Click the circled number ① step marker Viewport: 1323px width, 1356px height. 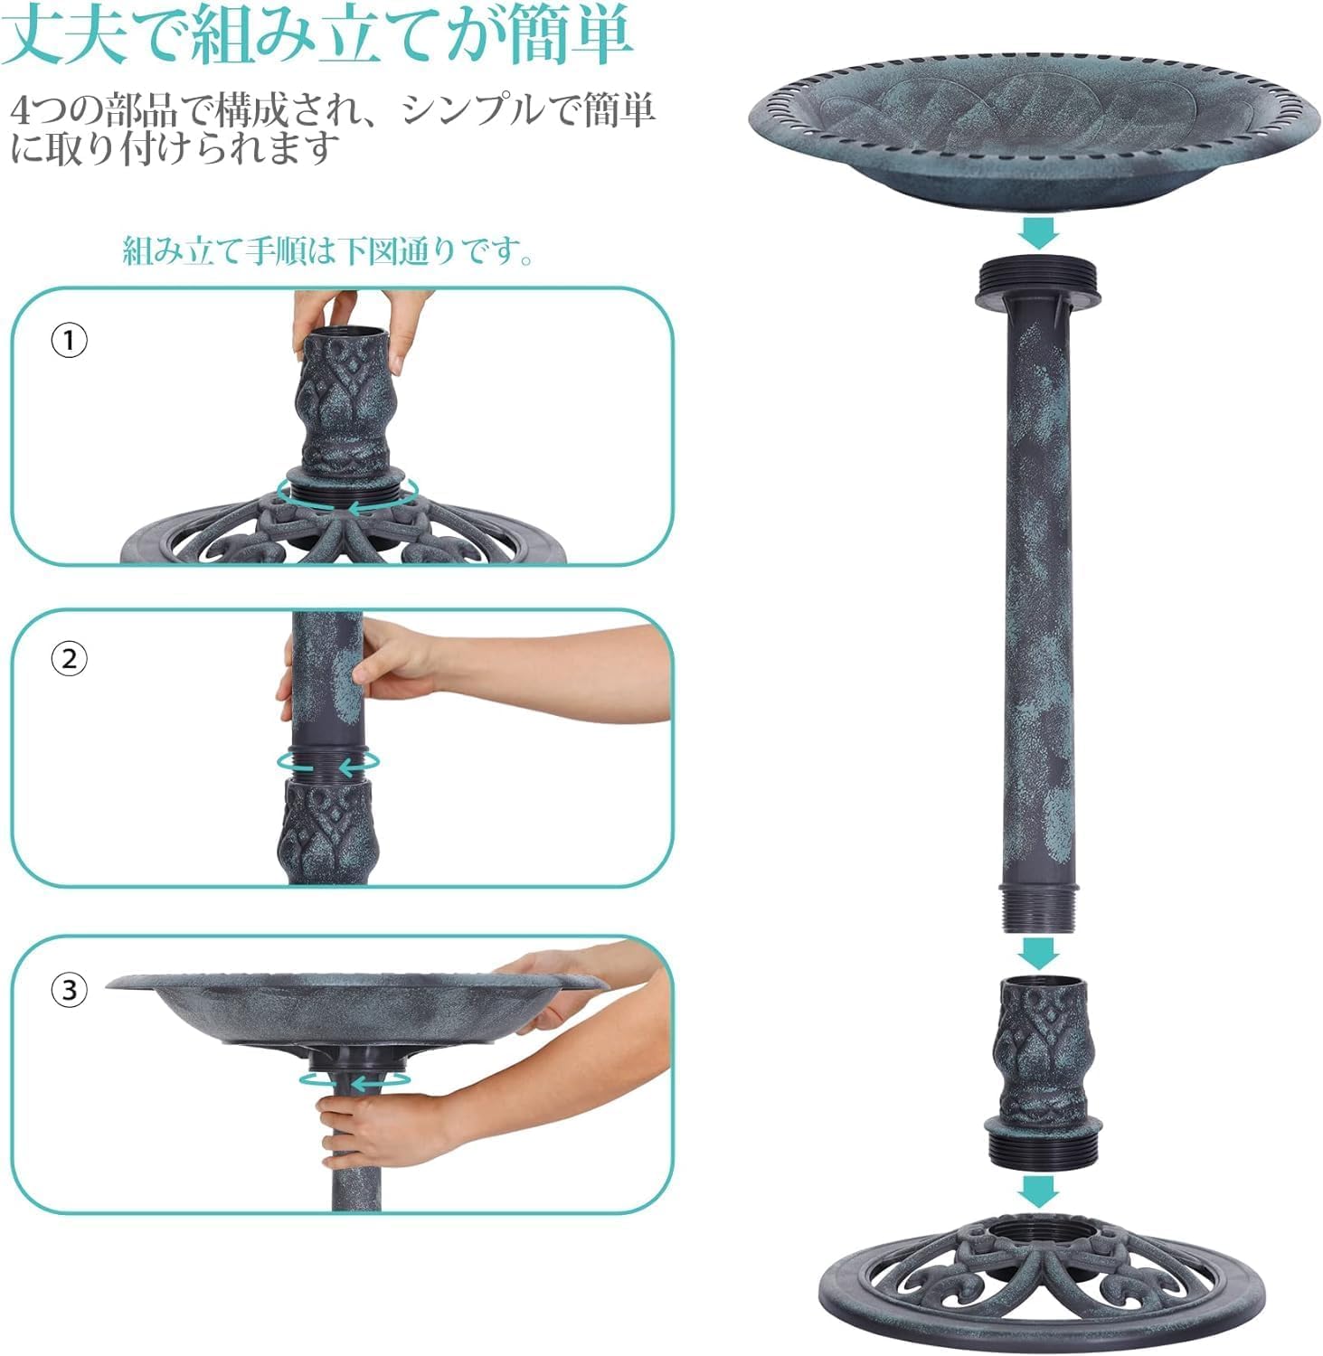pos(69,341)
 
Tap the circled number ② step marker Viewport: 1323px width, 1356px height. pos(69,659)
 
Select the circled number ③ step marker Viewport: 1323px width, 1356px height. pos(69,990)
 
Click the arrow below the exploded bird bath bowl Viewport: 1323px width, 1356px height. pos(1037,232)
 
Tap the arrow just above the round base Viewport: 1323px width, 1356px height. pos(1037,1190)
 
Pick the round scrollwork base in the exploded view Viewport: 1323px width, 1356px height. pos(1040,1284)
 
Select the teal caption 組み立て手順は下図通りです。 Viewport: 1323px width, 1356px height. pos(328,251)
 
